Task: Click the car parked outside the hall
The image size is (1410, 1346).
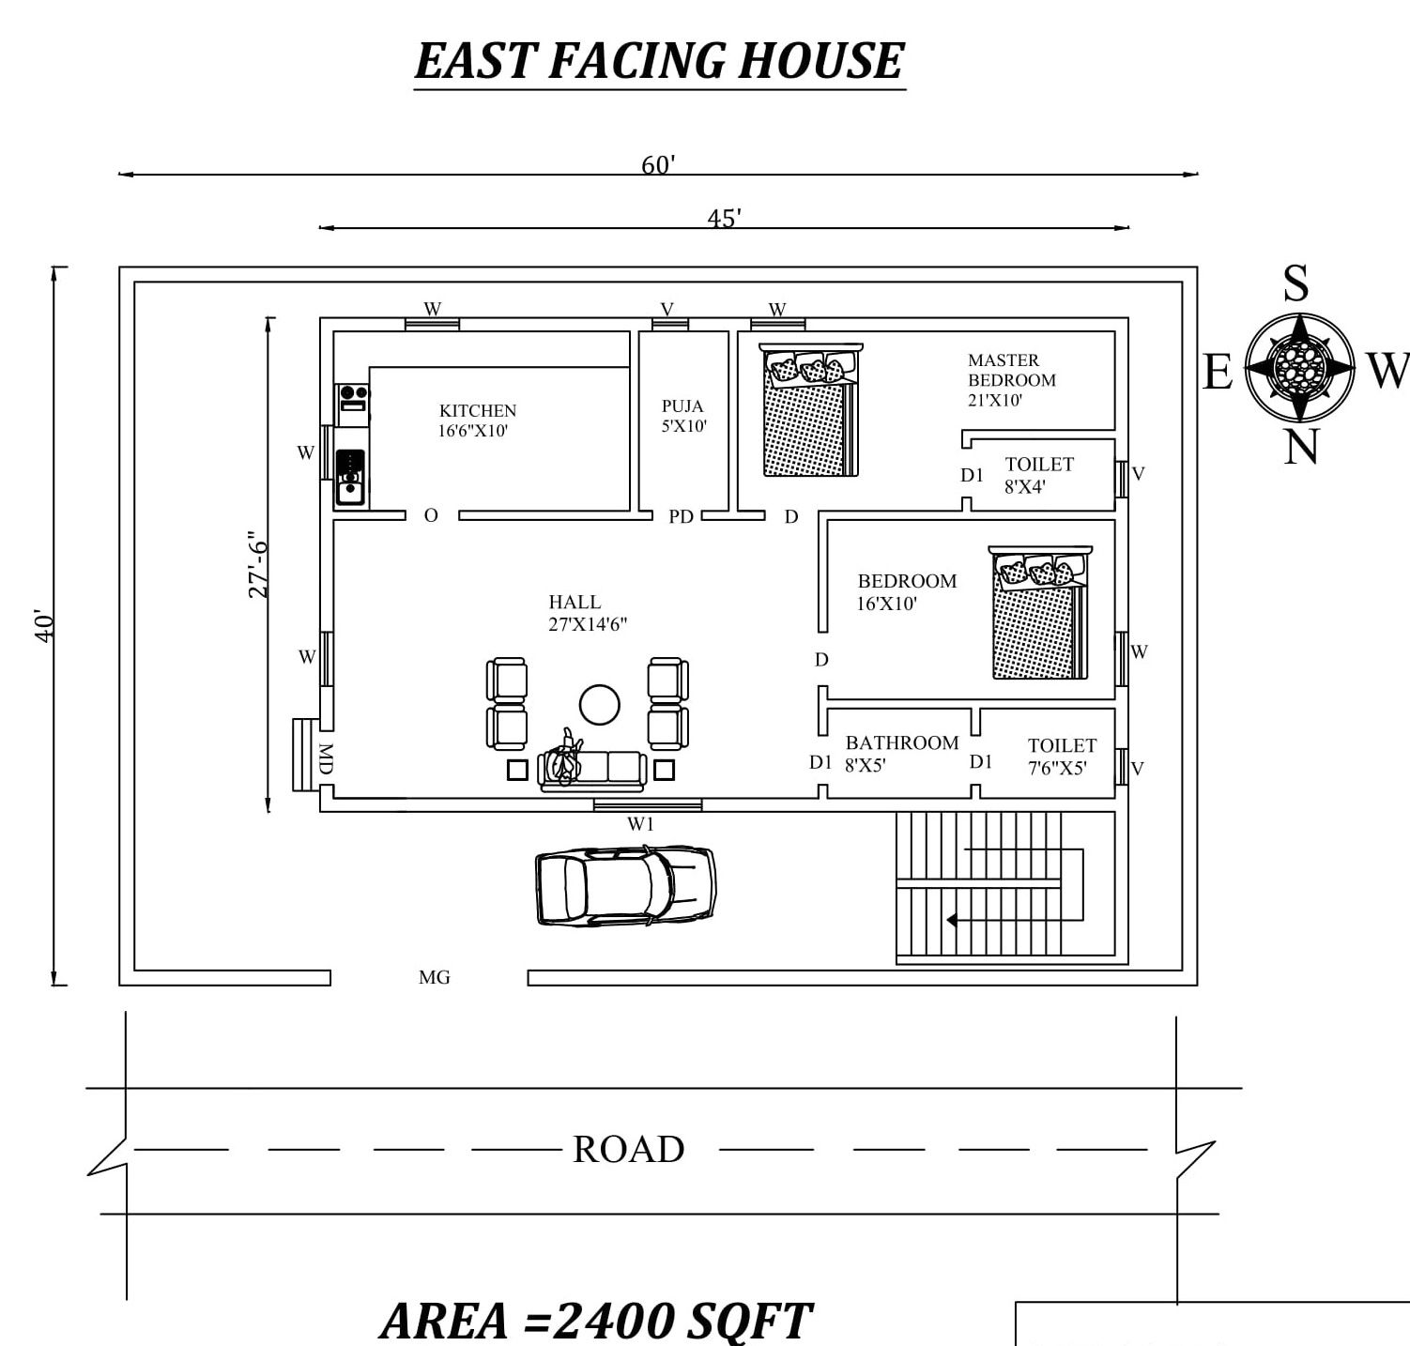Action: [x=625, y=886]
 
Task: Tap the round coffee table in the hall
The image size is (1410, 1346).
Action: [x=600, y=704]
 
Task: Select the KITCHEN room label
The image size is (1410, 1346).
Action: [x=478, y=421]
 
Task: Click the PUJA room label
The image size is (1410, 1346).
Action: [x=683, y=416]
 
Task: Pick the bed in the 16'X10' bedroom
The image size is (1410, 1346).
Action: [x=1040, y=612]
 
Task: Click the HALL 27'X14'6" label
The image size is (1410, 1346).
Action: [x=588, y=613]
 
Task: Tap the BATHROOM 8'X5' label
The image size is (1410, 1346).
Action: [x=901, y=754]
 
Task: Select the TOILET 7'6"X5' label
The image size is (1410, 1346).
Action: [x=1061, y=757]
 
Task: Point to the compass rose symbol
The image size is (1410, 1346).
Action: [x=1300, y=367]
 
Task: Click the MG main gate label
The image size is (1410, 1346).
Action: [x=435, y=977]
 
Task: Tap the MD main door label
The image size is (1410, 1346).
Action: [x=325, y=758]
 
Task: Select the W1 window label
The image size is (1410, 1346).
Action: [x=640, y=824]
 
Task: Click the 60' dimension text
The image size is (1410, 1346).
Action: [x=658, y=165]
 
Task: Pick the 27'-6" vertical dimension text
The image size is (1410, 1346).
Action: [x=258, y=569]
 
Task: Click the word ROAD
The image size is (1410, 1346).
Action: [x=628, y=1149]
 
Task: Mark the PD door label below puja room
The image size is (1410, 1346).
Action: [x=681, y=516]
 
